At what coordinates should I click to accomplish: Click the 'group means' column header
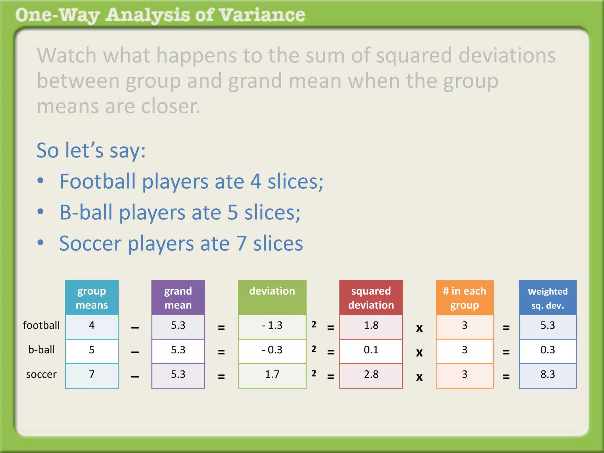coord(92,298)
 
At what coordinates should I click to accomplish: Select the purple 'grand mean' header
coord(178,298)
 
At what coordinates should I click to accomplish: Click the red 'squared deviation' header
coord(371,298)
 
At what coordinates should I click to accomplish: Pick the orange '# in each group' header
coord(465,298)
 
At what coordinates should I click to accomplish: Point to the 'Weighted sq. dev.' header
coord(548,298)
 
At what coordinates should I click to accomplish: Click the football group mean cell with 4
coord(92,326)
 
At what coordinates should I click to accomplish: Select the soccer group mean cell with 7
coord(92,375)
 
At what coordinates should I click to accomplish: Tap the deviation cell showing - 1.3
coord(272,326)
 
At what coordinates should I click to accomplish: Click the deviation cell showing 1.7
coord(272,375)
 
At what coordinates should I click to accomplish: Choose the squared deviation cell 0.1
coord(371,350)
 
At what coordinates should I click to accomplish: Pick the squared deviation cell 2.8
coord(371,375)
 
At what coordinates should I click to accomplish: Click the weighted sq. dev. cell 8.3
coord(548,375)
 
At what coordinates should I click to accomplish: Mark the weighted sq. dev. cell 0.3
coord(548,350)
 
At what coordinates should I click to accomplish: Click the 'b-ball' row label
coord(42,350)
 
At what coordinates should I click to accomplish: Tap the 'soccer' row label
coord(41,375)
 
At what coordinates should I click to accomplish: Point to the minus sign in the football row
coord(135,328)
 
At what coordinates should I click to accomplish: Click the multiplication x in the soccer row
coord(419,377)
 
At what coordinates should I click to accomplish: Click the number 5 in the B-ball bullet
coord(233,212)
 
